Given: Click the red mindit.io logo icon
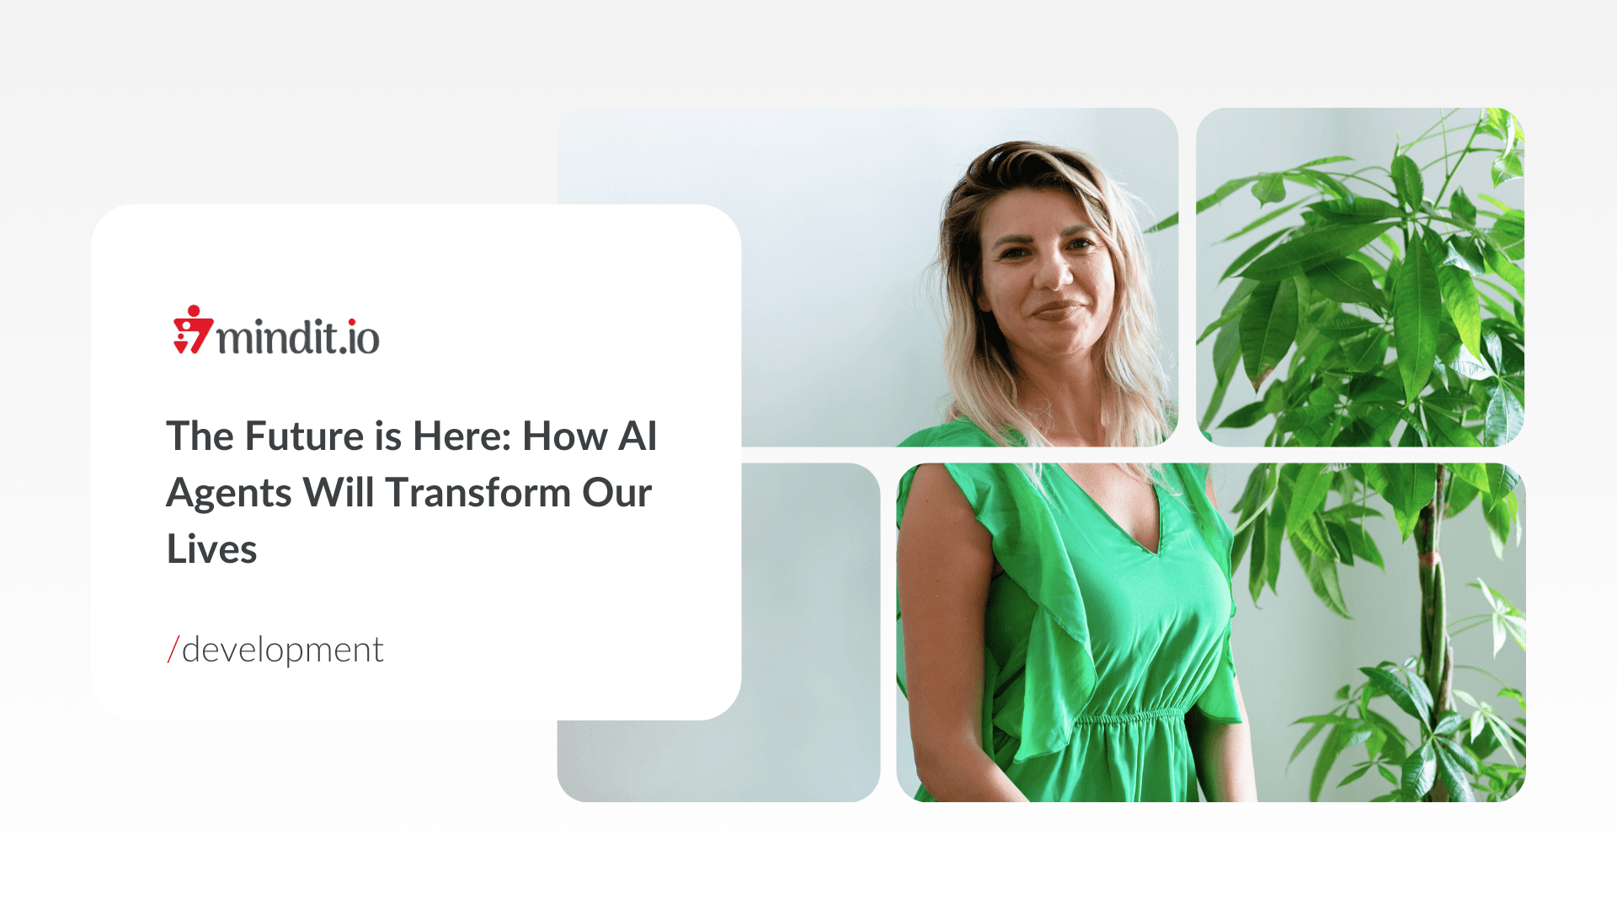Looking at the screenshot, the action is click(x=193, y=330).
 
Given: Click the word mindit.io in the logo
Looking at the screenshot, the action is click(x=298, y=336).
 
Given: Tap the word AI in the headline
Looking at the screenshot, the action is click(x=638, y=436).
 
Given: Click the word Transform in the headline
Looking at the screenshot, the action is click(x=478, y=493).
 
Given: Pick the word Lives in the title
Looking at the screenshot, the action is click(x=211, y=549).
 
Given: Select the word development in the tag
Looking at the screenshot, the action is click(x=283, y=650).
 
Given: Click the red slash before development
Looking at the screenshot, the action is click(x=173, y=650).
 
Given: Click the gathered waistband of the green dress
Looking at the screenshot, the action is click(x=1133, y=719).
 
